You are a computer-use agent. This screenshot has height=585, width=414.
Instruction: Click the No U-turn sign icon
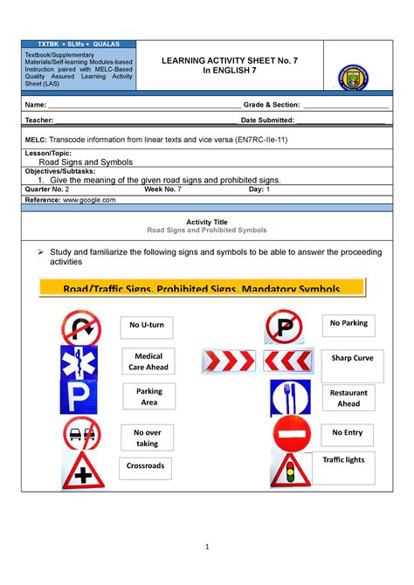point(80,327)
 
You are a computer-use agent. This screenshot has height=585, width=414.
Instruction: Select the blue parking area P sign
point(80,398)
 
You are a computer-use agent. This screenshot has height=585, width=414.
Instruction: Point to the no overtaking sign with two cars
point(80,434)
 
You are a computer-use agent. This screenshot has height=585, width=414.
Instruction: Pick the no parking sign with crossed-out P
point(284,327)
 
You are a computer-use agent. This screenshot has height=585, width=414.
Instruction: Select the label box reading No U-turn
point(147,326)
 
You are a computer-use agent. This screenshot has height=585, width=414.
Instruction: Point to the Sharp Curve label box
point(352,358)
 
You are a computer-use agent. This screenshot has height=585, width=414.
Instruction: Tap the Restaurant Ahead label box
point(348,398)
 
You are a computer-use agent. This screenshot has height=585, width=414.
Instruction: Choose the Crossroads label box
point(144,467)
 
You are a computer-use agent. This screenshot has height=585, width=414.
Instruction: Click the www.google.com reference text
point(84,200)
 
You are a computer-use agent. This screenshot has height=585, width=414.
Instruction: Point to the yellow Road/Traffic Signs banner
point(203,287)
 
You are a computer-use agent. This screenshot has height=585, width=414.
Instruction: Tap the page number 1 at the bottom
point(207,547)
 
